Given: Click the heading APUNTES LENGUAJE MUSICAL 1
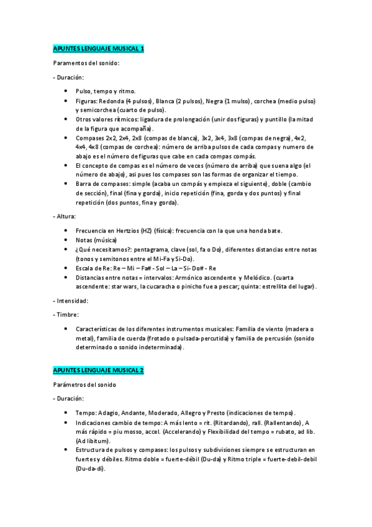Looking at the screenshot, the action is click(98, 48).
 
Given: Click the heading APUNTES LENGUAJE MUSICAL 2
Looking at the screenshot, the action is click(98, 370).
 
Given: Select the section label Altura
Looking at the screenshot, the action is click(66, 216).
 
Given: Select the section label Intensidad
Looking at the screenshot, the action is click(72, 300).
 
